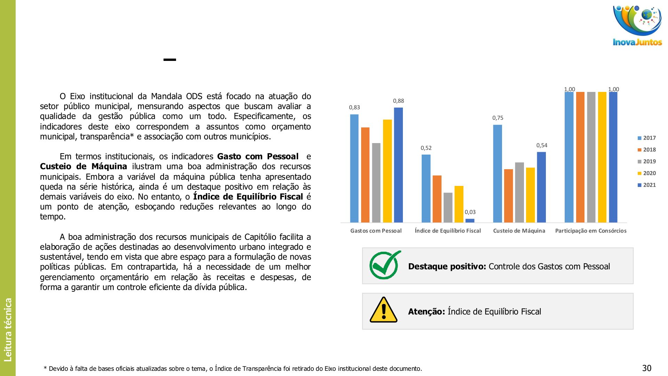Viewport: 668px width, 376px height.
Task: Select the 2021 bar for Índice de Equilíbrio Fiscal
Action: [x=470, y=220]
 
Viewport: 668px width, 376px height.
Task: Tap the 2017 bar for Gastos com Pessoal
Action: [x=354, y=168]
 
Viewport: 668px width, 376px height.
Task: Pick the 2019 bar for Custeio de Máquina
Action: [x=519, y=192]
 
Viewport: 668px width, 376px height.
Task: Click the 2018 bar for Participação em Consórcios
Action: [x=580, y=157]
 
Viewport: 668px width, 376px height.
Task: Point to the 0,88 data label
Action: [x=398, y=101]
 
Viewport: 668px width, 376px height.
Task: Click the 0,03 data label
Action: [x=470, y=212]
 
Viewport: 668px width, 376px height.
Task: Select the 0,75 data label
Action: [x=498, y=118]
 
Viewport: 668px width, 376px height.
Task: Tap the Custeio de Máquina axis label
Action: [x=519, y=231]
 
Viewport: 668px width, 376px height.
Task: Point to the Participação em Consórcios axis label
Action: [x=591, y=231]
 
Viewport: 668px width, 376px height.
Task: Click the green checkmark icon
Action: [x=385, y=265]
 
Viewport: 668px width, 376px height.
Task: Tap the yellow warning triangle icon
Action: [x=383, y=310]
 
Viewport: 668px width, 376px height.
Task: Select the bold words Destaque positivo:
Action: [x=447, y=267]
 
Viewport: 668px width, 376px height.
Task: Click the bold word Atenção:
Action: [x=427, y=312]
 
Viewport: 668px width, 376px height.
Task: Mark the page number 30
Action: [x=647, y=368]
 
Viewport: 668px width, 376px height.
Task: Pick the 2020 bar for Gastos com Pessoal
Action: [x=387, y=171]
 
